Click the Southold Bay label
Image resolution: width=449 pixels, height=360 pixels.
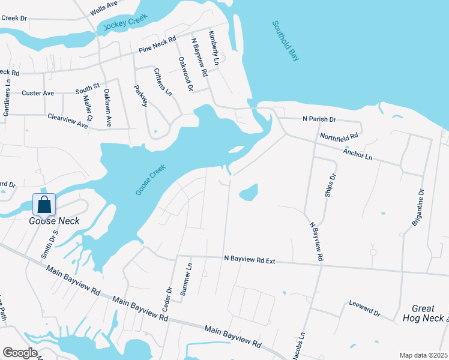tap(285, 41)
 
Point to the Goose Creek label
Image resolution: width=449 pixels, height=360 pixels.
tap(150, 179)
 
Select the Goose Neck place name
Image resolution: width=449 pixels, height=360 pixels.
tap(54, 221)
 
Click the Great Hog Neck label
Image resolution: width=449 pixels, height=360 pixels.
tap(427, 314)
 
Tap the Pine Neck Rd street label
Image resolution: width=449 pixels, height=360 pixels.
tap(157, 44)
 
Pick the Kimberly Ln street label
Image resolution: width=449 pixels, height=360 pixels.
tap(213, 49)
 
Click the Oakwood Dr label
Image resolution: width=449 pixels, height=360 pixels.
tap(185, 74)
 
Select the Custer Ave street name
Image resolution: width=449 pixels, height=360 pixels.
tap(38, 93)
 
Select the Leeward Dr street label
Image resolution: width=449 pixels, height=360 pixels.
tap(364, 308)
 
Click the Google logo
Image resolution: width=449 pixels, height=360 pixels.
tap(20, 353)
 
